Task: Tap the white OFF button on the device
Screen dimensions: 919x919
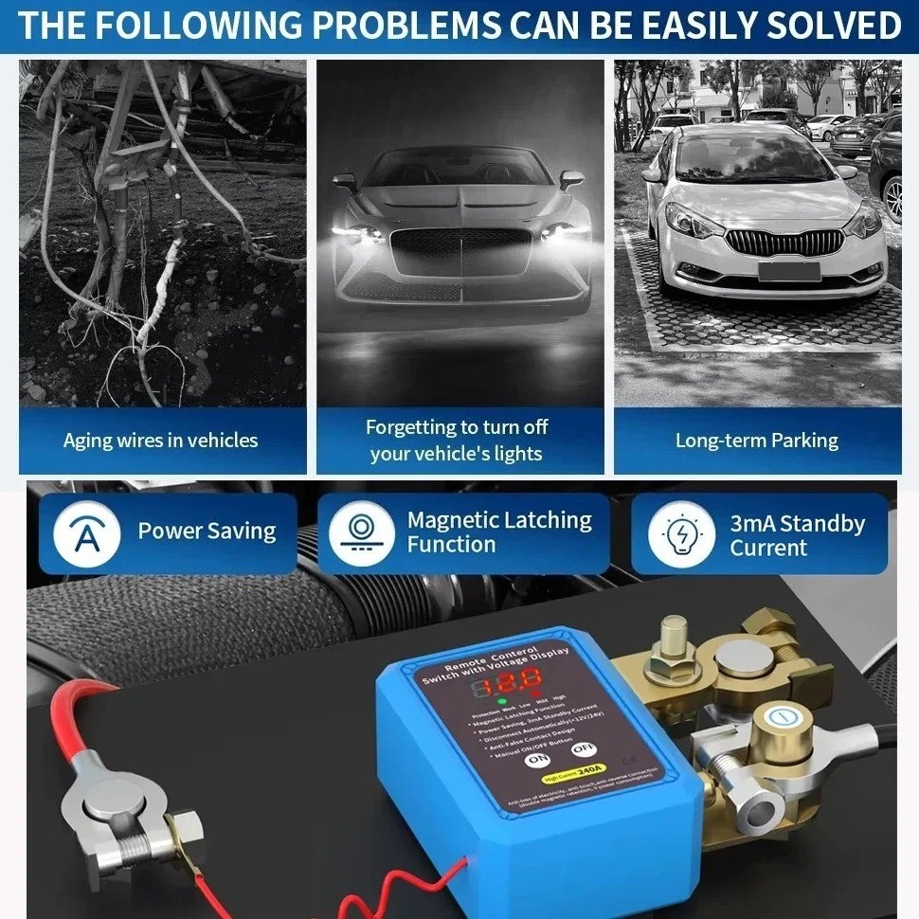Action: tap(585, 748)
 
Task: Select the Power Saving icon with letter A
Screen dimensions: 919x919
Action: tap(86, 532)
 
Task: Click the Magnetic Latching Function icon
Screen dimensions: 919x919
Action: tap(361, 532)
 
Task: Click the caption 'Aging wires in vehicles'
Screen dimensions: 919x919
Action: tap(161, 441)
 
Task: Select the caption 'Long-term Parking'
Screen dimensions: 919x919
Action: tap(756, 441)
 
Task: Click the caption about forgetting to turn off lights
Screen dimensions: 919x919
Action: tap(457, 441)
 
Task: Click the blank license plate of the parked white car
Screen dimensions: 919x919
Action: tap(788, 270)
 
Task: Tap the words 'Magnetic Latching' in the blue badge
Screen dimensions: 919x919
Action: tap(499, 520)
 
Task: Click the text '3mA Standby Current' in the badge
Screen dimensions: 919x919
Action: tap(797, 535)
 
